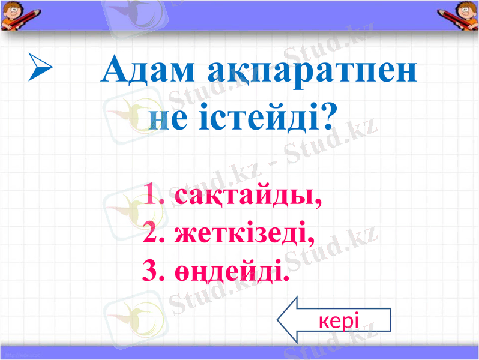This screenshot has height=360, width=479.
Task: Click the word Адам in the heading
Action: pos(148,71)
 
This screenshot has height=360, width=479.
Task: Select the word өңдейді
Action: pos(230,271)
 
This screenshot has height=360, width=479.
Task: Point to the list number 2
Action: pos(152,232)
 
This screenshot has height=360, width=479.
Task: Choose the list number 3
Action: pos(152,271)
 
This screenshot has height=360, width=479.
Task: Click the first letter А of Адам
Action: pos(115,71)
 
